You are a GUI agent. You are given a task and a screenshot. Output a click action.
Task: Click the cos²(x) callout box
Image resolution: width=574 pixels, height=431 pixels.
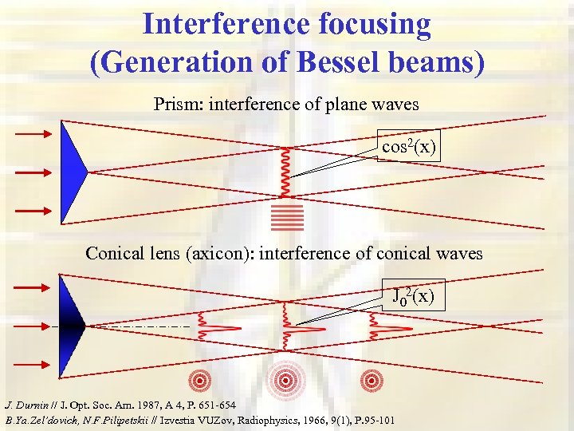407,148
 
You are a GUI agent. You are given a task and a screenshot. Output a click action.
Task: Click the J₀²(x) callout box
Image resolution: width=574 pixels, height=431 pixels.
412,297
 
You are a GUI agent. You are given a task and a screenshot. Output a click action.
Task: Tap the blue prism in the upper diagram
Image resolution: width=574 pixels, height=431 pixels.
73,172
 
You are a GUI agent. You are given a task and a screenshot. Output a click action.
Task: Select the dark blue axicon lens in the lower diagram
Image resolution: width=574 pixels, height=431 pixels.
72,325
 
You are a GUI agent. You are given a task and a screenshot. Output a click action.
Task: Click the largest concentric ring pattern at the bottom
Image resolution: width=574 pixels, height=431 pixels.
285,381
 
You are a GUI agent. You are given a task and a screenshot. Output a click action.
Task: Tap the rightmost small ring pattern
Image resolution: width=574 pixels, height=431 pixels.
371,381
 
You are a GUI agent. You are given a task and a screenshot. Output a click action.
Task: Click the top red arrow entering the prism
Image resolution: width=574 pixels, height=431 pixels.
33,134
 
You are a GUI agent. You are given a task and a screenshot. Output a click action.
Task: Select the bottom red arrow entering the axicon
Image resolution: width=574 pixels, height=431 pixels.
33,364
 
